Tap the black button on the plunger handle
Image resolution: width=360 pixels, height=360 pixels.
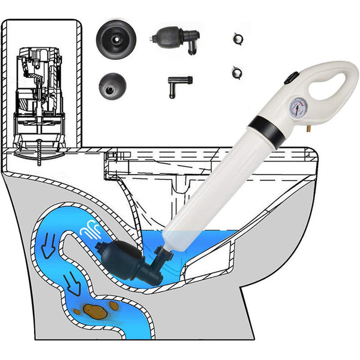point(290,78)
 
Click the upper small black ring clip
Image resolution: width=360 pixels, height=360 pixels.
point(236,37)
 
